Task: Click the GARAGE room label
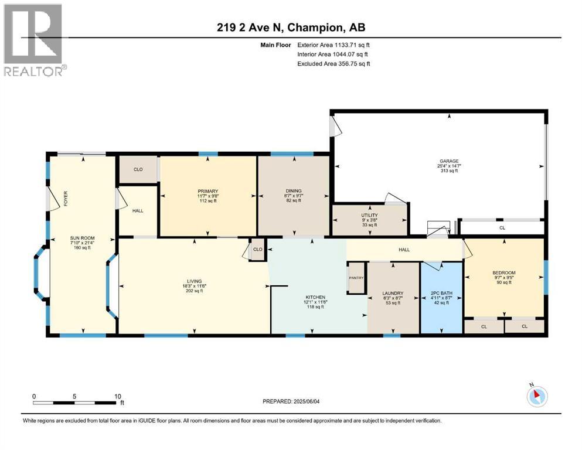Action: [450, 161]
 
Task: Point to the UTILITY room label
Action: [369, 215]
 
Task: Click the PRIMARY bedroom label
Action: [207, 191]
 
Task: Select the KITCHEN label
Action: [315, 297]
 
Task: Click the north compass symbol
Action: [536, 396]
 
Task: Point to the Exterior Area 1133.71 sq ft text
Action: [333, 45]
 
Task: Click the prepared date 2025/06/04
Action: [293, 401]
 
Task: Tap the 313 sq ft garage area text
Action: [450, 171]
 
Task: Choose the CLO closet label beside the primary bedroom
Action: [138, 169]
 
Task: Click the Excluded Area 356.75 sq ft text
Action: [333, 63]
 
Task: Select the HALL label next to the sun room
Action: [138, 211]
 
